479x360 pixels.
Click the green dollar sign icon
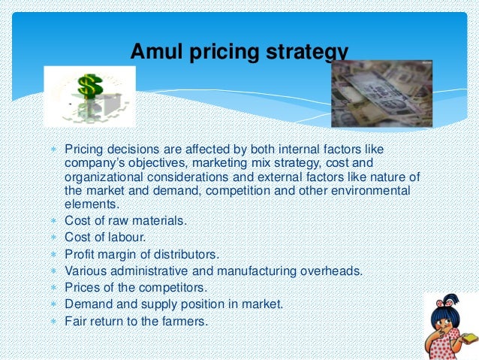click(x=89, y=89)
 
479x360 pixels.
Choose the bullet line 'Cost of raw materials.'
click(x=126, y=220)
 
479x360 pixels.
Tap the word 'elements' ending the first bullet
click(x=90, y=204)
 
